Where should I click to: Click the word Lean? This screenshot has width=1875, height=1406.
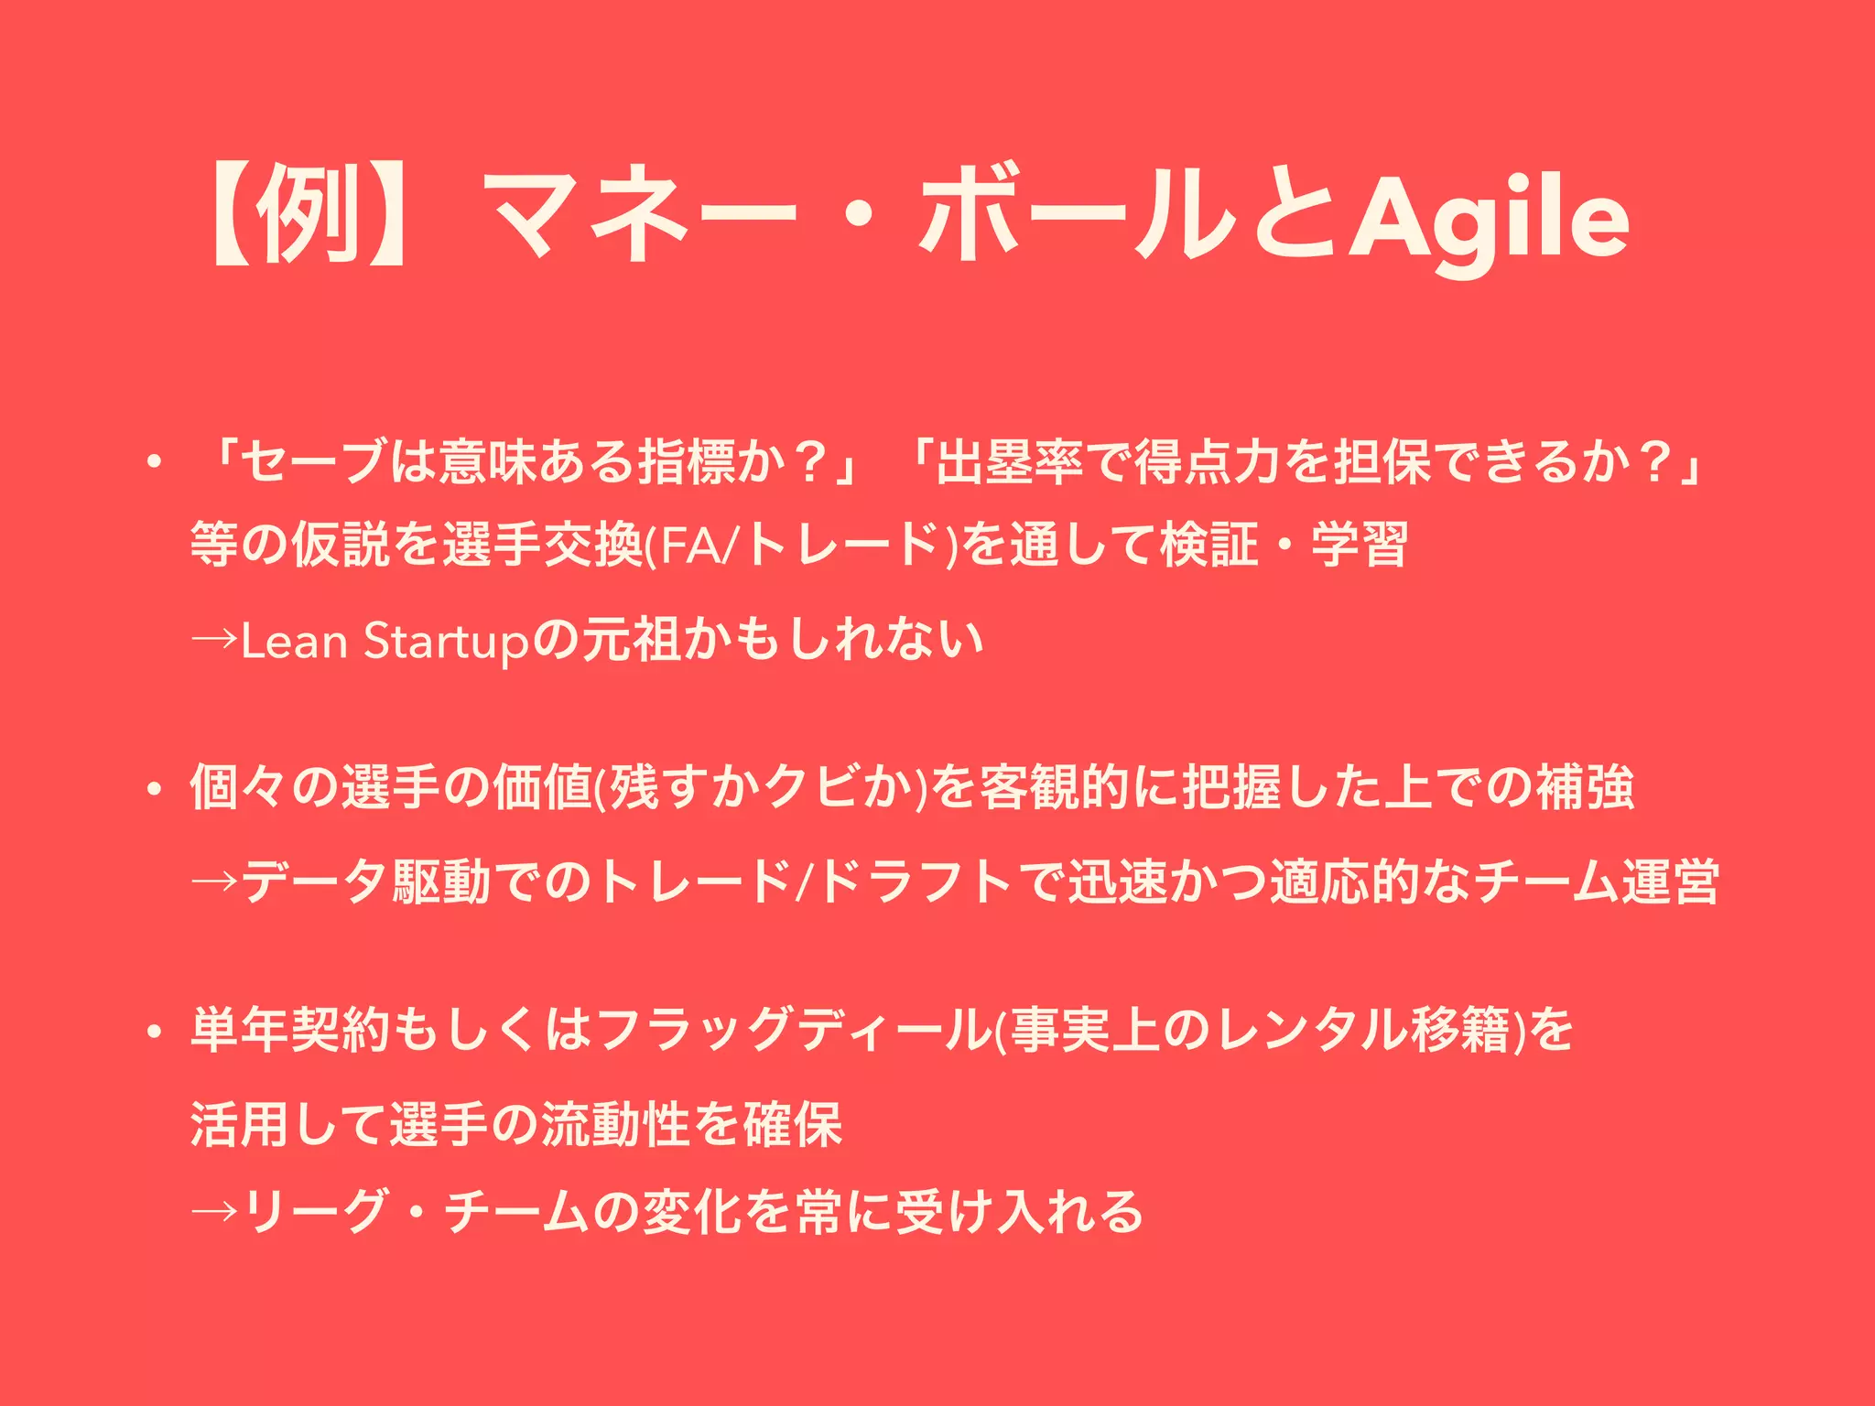pyautogui.click(x=294, y=641)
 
